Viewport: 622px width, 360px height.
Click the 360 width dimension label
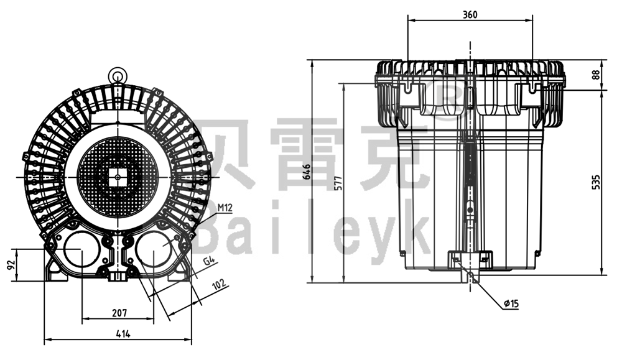pos(470,15)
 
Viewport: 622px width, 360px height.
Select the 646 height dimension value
pos(306,171)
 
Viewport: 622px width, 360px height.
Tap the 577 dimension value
pos(338,183)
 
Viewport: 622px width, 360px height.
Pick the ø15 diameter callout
pos(511,303)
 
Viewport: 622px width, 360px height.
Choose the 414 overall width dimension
pos(123,334)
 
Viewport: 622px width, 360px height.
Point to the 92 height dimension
pos(9,265)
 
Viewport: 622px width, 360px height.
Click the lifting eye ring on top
pos(117,76)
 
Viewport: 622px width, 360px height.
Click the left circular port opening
pos(81,249)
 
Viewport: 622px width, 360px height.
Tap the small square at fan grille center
pos(117,177)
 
